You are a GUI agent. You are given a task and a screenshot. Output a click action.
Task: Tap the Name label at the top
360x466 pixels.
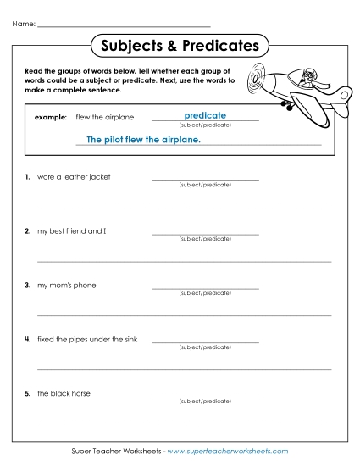click(x=23, y=24)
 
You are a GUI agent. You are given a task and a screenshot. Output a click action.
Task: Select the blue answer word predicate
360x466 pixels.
click(x=204, y=115)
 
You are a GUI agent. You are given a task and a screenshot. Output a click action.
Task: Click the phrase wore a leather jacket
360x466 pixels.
click(x=74, y=177)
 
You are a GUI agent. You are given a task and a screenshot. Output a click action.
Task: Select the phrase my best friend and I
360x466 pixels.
click(x=72, y=231)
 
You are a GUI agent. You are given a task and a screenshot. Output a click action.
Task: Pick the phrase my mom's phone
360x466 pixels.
click(x=67, y=286)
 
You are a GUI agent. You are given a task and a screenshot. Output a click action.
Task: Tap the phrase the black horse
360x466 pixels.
click(x=64, y=394)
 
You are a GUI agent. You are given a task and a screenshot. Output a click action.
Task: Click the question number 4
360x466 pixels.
click(x=28, y=340)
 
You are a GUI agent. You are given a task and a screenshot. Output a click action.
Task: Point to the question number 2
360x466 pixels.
click(x=28, y=231)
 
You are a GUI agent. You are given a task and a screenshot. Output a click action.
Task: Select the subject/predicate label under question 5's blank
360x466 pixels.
click(x=205, y=402)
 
